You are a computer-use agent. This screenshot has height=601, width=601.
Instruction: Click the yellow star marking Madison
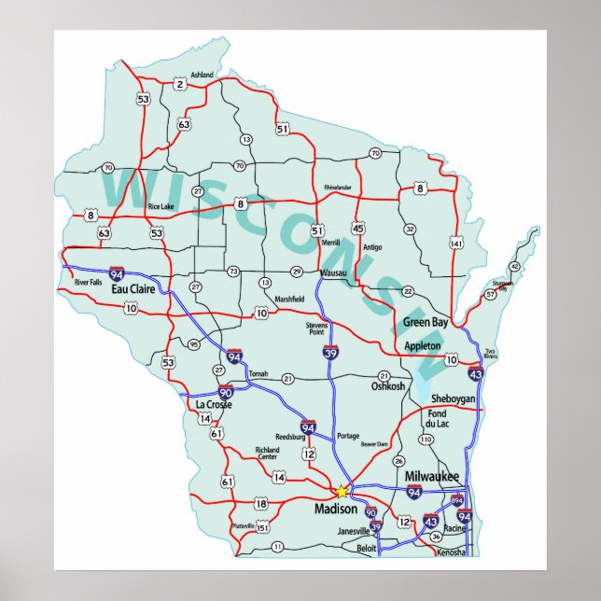342,490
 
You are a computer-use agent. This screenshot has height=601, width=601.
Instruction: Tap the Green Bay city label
426,323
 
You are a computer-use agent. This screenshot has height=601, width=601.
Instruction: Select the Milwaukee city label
432,477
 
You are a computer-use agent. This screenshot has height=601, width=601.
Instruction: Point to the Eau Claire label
133,290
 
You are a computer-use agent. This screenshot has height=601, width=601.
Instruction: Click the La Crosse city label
214,404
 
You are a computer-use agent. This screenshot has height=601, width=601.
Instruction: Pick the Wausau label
332,273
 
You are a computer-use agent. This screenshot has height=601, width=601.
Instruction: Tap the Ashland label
202,75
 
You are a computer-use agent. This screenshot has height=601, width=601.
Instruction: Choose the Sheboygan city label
454,398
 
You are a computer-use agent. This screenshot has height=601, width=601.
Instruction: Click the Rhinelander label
338,188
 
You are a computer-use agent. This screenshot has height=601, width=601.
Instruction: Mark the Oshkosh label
388,386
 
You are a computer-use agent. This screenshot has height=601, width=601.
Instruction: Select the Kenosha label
451,553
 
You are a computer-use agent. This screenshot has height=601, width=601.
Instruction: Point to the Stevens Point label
317,328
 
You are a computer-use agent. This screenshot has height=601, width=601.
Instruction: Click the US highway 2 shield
179,85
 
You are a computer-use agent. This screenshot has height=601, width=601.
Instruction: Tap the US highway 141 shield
455,244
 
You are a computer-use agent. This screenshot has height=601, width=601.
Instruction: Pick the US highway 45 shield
358,227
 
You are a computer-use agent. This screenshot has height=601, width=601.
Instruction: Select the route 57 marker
491,295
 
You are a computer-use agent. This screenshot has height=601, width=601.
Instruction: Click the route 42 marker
514,266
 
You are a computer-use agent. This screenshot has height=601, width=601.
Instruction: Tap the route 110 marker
426,439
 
